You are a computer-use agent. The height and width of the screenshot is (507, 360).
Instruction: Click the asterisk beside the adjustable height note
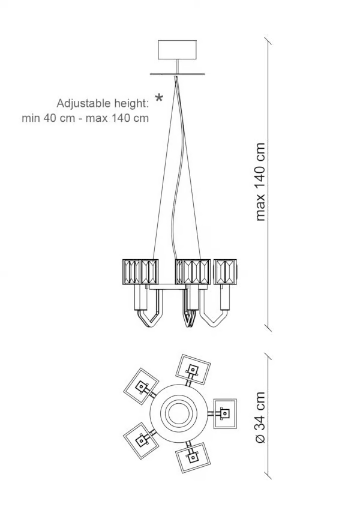click(159, 98)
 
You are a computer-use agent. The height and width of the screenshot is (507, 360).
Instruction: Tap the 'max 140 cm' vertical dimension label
click(260, 182)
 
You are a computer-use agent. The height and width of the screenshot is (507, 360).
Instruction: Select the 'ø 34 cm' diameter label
click(260, 418)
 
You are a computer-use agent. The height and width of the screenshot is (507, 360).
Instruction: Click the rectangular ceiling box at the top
click(177, 50)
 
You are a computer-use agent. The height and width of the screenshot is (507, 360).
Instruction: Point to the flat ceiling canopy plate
click(178, 74)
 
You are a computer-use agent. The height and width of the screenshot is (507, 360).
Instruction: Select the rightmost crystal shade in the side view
click(226, 272)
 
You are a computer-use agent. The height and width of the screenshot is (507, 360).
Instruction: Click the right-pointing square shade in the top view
click(225, 413)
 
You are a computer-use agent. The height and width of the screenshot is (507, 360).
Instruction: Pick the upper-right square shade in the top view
click(193, 370)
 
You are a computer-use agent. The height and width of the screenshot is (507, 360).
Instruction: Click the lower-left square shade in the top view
click(141, 440)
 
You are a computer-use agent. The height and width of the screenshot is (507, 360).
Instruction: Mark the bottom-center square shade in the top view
click(193, 458)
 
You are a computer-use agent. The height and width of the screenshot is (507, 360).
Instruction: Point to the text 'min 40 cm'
click(48, 118)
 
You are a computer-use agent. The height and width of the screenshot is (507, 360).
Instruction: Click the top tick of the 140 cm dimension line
click(268, 41)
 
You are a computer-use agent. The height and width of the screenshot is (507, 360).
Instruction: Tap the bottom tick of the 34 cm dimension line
click(268, 475)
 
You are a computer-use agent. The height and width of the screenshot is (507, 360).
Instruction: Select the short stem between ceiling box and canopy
click(177, 66)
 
